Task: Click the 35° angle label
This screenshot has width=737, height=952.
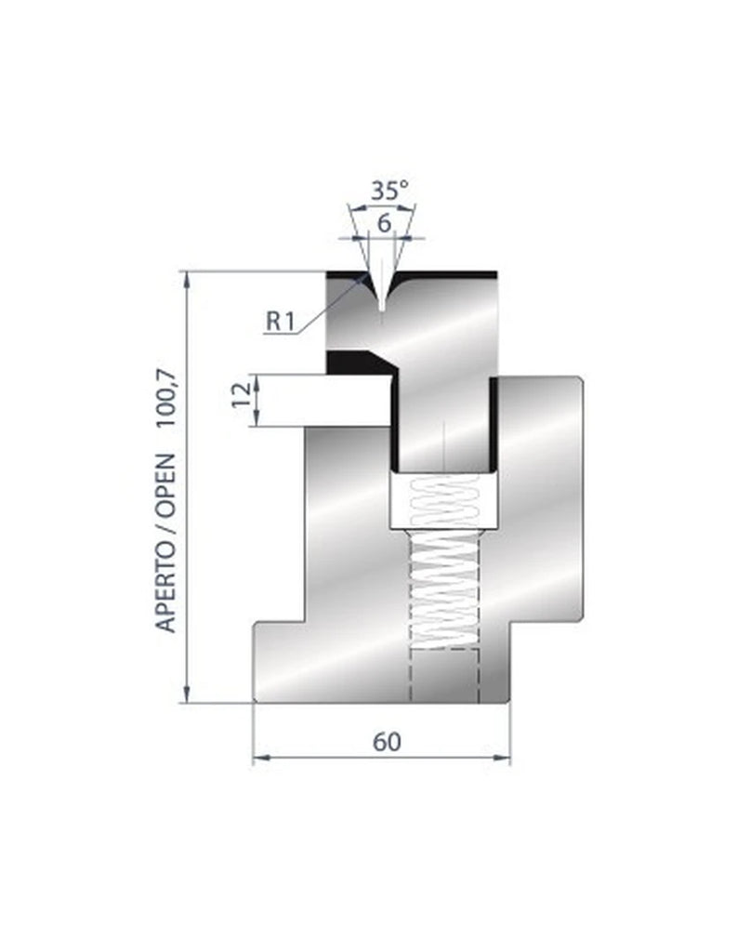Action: [x=389, y=192]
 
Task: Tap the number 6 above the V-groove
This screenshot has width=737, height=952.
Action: [x=384, y=222]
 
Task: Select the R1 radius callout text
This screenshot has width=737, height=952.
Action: [x=280, y=321]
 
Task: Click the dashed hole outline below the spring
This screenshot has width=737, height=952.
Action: [x=443, y=675]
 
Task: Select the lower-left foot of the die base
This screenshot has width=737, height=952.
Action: [x=279, y=664]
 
